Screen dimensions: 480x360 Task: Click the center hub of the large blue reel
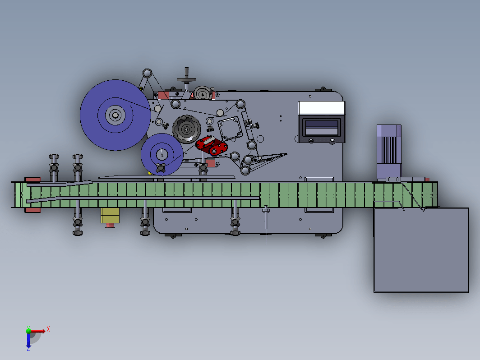[115, 115]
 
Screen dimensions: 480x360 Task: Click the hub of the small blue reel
[162, 154]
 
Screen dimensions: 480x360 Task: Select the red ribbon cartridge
[212, 146]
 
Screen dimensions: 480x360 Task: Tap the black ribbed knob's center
[186, 129]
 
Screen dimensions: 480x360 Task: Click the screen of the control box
[321, 128]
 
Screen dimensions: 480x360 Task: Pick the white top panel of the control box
[321, 108]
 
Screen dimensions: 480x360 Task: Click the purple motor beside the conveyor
[389, 152]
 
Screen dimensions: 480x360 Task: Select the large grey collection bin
[421, 250]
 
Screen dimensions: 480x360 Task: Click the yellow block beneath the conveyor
[110, 216]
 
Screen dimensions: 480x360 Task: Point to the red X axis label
[48, 329]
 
